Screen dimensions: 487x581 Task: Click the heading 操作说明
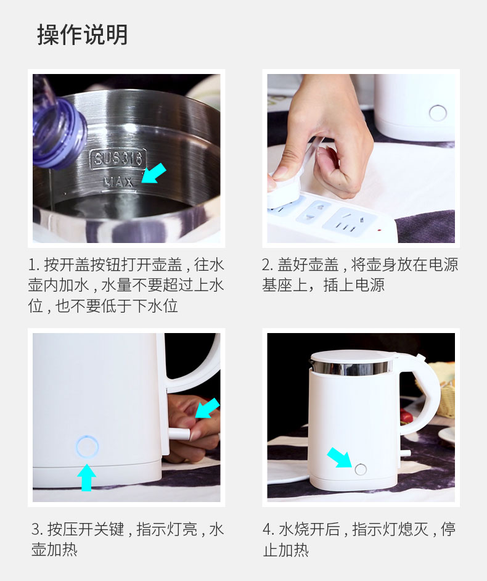(83, 35)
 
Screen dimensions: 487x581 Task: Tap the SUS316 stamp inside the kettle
(118, 159)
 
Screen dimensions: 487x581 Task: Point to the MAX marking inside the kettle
(118, 182)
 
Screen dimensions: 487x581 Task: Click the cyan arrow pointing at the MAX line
(153, 173)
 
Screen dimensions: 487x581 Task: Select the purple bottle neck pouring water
(59, 130)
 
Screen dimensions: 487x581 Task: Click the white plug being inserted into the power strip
(284, 189)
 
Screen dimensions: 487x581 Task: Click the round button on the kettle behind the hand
(438, 113)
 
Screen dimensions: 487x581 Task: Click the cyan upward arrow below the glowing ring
(86, 478)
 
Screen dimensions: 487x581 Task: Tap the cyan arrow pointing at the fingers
(207, 408)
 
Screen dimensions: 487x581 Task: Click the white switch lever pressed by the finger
(179, 433)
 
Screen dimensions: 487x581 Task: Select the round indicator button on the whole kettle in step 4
(361, 469)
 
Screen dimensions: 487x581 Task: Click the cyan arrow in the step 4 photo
(340, 458)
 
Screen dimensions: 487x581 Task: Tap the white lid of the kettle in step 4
(352, 357)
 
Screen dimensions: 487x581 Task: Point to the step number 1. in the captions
(34, 265)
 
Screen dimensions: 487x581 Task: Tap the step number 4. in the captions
(269, 529)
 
